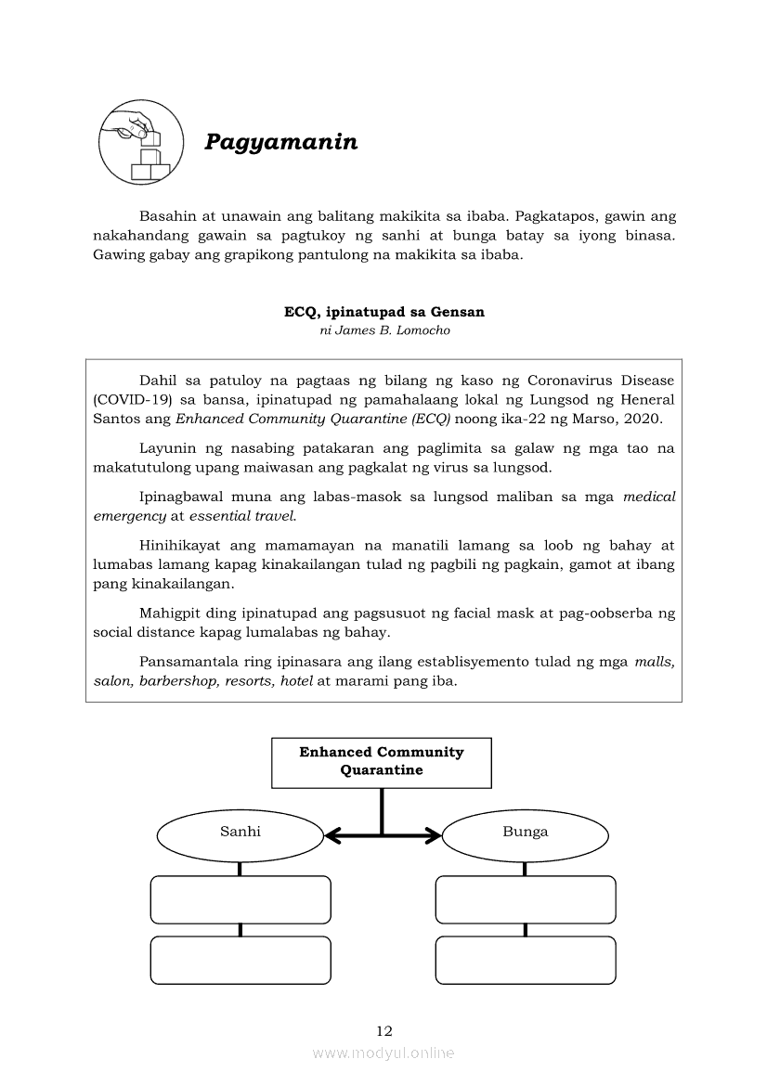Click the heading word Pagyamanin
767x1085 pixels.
tap(280, 142)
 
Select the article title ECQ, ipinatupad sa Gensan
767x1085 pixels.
tap(383, 312)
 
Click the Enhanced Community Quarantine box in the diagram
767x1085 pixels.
tap(381, 761)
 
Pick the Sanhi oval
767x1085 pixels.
tap(240, 832)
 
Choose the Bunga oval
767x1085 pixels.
tap(525, 832)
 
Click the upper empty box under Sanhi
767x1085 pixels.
tap(240, 899)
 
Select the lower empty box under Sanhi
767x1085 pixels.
tap(240, 960)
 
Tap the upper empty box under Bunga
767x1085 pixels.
tap(526, 899)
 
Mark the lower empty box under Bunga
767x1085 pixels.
tap(526, 960)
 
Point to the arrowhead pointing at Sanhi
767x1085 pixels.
tap(331, 837)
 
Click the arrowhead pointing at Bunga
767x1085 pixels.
tap(434, 837)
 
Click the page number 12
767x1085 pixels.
tap(384, 1030)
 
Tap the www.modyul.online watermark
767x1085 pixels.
tap(383, 1053)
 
